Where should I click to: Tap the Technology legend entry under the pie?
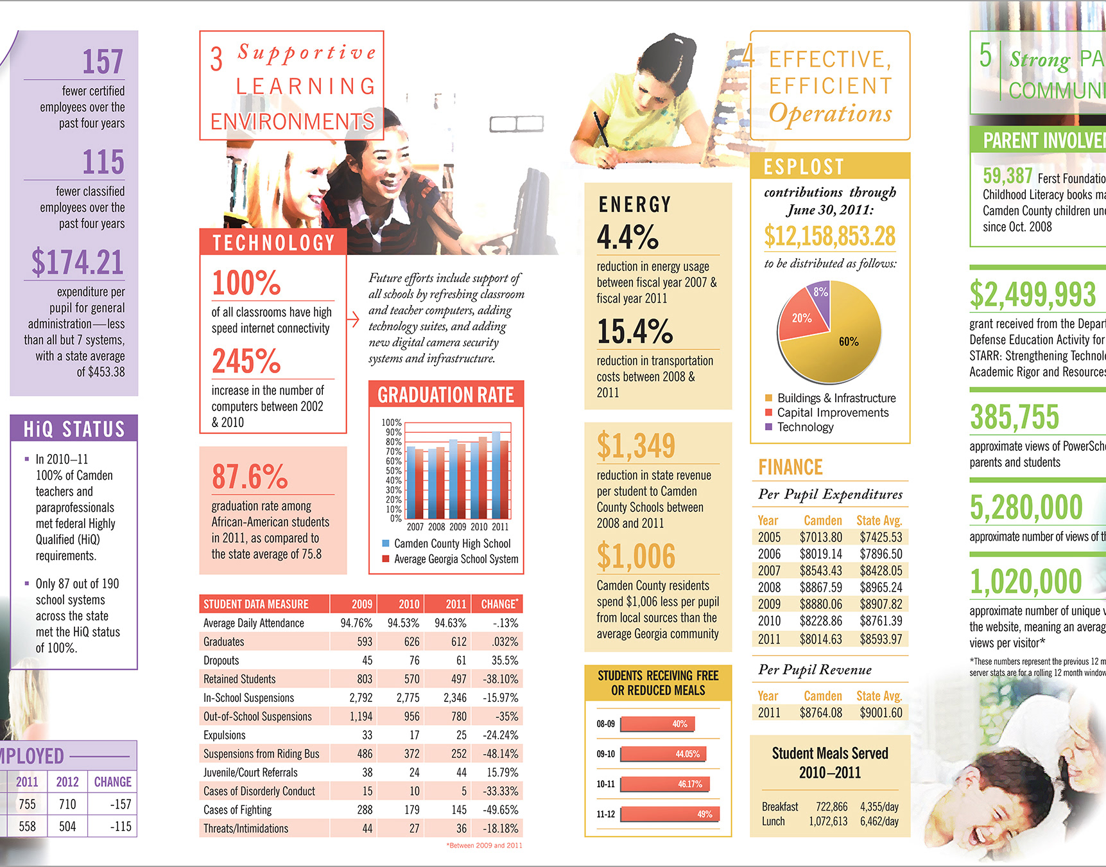point(805,427)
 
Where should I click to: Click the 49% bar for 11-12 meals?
point(670,814)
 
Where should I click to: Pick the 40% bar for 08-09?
point(657,724)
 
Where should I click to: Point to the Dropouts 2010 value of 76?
point(414,660)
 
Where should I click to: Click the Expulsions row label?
point(224,735)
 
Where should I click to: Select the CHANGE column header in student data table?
point(499,604)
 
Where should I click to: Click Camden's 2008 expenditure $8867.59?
point(820,587)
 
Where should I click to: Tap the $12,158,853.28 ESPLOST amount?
point(829,236)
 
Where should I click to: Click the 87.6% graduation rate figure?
point(250,477)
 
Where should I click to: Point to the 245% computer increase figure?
point(246,361)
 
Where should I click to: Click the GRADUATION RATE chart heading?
point(445,395)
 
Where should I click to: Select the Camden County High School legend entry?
point(452,543)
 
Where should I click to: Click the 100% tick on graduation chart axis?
point(392,423)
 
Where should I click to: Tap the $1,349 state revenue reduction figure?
point(635,446)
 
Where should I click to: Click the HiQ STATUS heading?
point(74,429)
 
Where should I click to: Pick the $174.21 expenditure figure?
point(77,262)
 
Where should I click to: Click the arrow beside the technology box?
point(353,319)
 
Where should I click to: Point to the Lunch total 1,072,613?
point(827,821)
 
